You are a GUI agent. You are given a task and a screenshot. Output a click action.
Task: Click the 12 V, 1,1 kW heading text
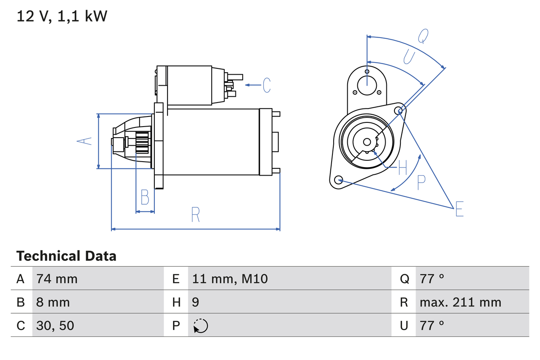tap(62, 16)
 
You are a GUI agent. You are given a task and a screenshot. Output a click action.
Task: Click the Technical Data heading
tap(66, 256)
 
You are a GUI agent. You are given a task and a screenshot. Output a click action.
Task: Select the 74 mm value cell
tap(57, 279)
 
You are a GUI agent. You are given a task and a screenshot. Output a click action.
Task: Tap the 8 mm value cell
tap(53, 302)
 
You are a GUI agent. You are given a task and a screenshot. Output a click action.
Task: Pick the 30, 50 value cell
tap(55, 325)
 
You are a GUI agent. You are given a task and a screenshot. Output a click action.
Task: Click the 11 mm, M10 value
tap(230, 279)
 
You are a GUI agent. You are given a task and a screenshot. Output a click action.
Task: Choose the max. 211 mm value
tap(460, 302)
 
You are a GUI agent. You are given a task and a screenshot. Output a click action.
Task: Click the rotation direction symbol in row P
tap(200, 326)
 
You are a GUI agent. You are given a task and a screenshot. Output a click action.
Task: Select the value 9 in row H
tap(195, 302)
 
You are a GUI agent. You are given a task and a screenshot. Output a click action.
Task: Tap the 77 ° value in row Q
tap(432, 279)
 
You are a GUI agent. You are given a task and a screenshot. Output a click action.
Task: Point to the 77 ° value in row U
tap(432, 325)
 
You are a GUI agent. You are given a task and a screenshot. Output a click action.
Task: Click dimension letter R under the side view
tap(195, 215)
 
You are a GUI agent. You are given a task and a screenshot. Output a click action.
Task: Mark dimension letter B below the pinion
tap(145, 197)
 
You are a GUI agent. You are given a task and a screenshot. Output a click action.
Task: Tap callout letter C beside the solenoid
tap(267, 85)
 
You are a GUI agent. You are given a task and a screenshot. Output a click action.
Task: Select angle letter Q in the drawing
tap(424, 36)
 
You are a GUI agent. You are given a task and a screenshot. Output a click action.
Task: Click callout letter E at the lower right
tap(459, 209)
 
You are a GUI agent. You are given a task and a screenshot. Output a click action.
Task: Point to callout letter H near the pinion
tap(402, 168)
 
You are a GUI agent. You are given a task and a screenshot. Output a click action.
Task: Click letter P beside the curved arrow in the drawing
tap(421, 182)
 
